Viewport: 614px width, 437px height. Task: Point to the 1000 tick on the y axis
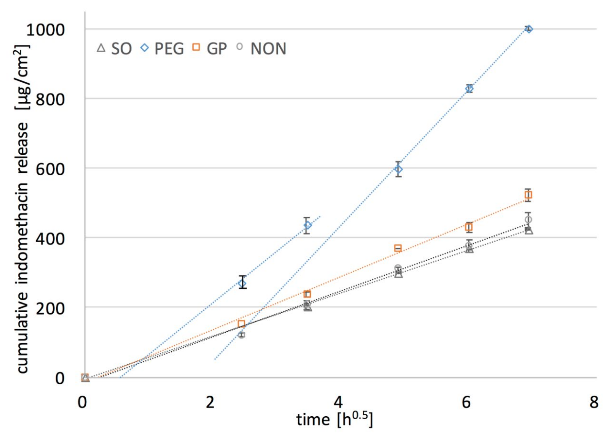tap(45, 30)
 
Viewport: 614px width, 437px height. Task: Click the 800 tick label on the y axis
tap(50, 99)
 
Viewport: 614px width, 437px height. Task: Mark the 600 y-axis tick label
tap(50, 169)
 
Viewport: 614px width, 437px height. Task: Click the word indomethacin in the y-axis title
tap(22, 233)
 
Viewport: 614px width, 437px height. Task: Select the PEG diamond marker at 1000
tap(529, 29)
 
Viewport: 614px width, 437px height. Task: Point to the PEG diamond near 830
tap(469, 88)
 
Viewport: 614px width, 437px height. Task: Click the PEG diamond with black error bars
tap(242, 283)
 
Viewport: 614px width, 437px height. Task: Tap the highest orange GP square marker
tap(528, 195)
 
